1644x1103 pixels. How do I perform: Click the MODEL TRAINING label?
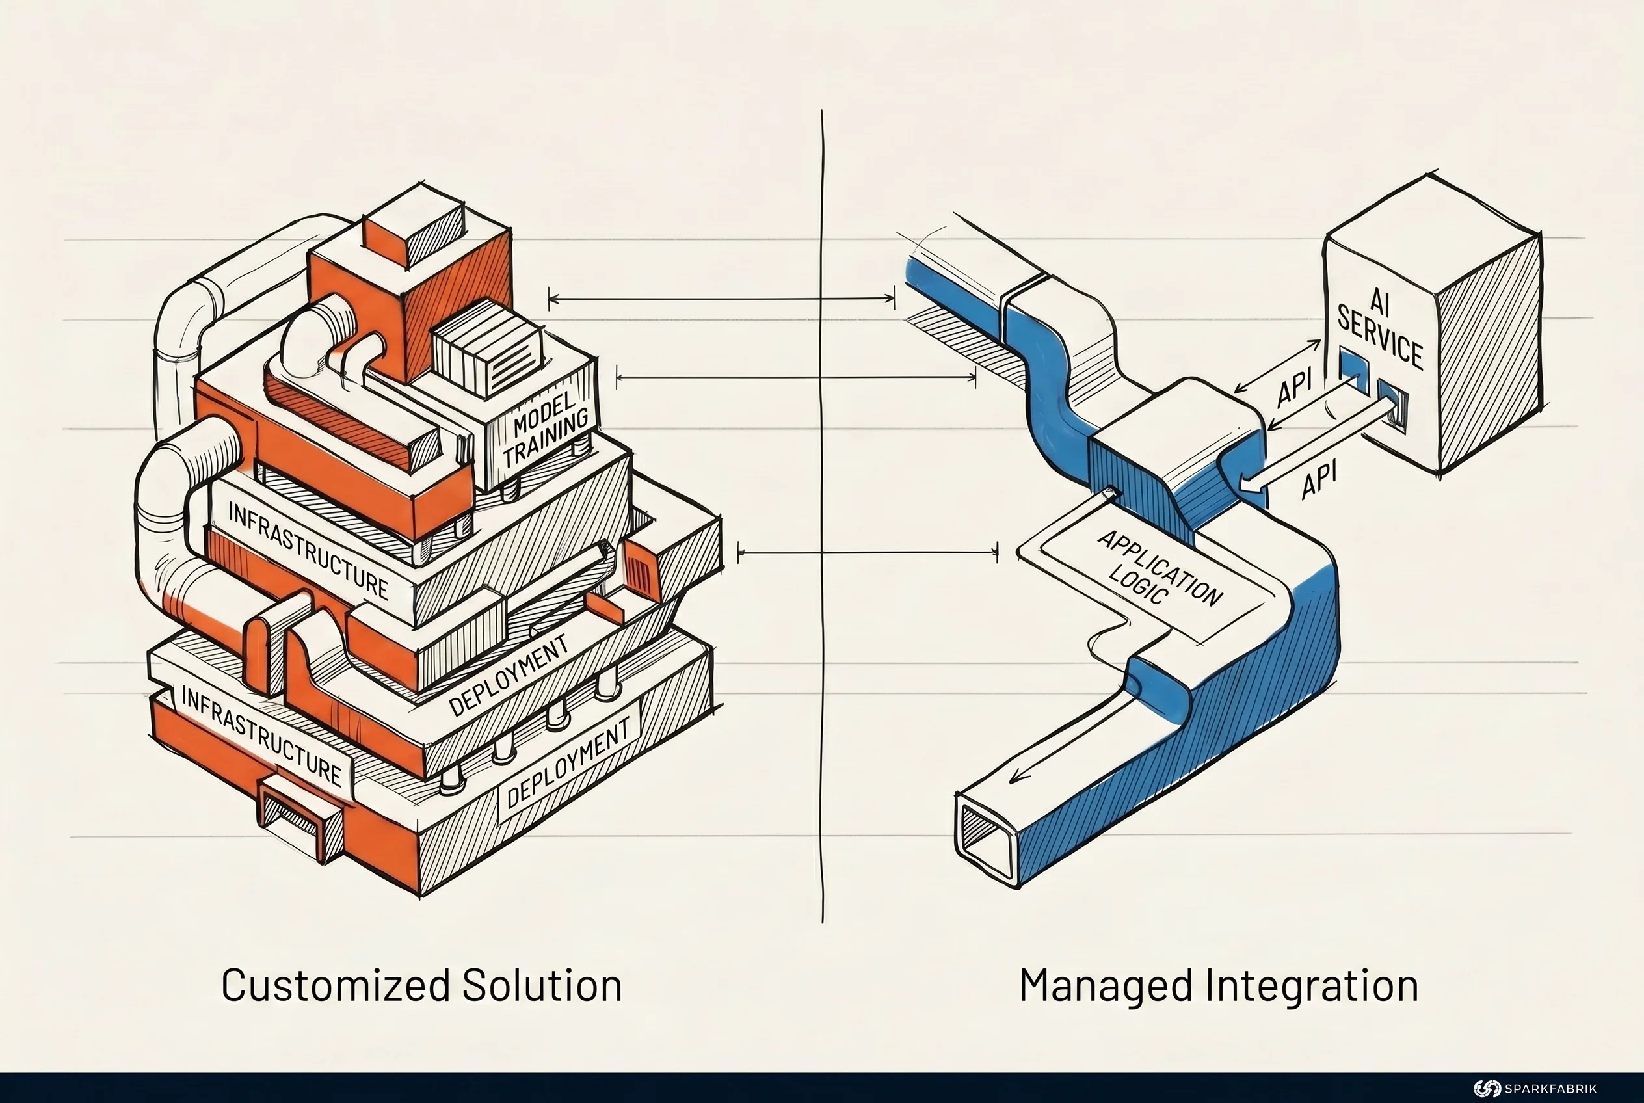click(x=547, y=429)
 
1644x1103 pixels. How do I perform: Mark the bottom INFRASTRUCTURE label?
click(x=261, y=736)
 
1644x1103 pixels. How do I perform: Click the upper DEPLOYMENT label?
click(x=508, y=675)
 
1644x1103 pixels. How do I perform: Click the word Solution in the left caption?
click(x=542, y=985)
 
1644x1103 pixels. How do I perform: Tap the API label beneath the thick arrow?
click(x=1318, y=481)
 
